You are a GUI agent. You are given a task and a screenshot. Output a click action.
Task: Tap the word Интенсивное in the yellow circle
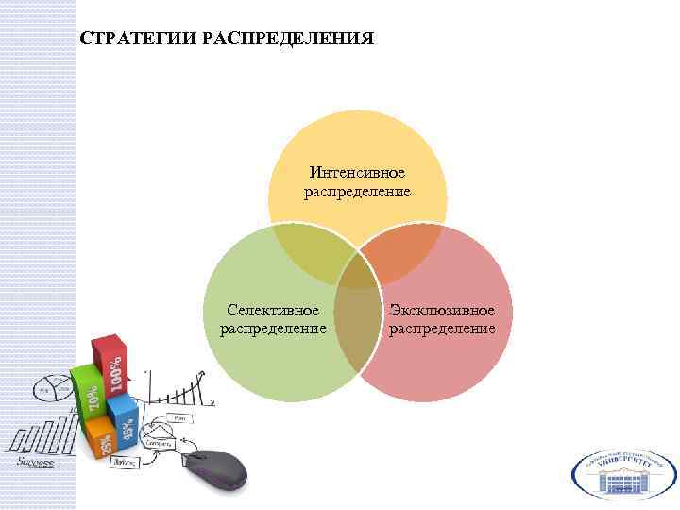pos(357,173)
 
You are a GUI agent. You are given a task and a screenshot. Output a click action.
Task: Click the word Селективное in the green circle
pos(274,310)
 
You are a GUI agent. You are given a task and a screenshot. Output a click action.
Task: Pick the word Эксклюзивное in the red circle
pos(443,310)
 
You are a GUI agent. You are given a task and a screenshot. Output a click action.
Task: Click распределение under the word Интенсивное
pos(357,192)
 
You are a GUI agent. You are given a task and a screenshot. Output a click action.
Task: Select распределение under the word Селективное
pos(274,329)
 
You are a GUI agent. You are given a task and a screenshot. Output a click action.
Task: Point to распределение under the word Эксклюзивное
pos(443,329)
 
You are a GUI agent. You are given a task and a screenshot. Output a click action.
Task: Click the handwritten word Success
pos(34,463)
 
